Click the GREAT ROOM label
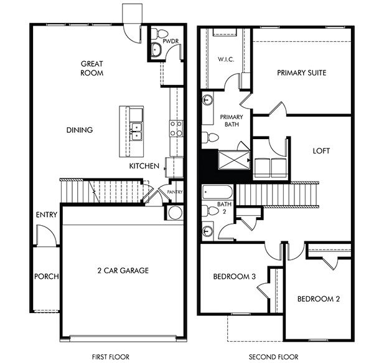[x=91, y=68]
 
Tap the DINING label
[x=80, y=130]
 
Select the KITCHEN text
[x=144, y=166]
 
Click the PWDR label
[x=171, y=42]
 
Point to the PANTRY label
[x=174, y=192]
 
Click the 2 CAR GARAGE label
[x=124, y=271]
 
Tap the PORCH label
[x=46, y=276]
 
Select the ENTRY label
[x=47, y=215]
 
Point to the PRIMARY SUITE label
[x=301, y=73]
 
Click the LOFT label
[x=321, y=151]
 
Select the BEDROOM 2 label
[x=318, y=299]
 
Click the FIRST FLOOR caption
[x=108, y=357]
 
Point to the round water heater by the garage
[x=174, y=213]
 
